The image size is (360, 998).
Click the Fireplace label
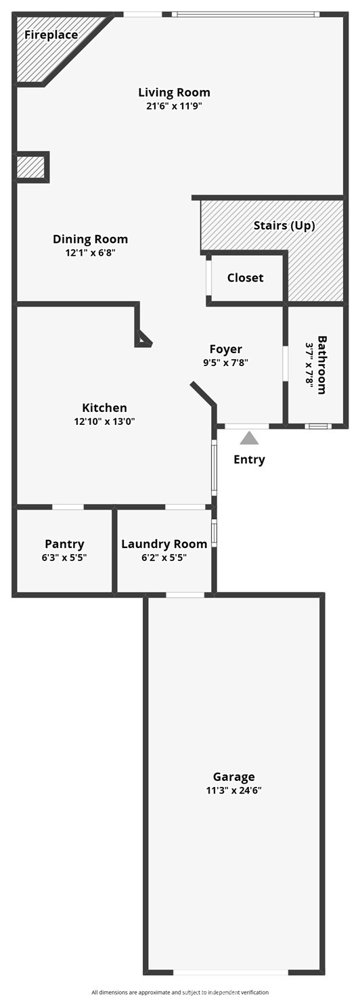pos(51,35)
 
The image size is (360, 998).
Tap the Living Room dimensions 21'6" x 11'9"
pos(174,106)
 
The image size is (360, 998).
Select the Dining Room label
pos(91,240)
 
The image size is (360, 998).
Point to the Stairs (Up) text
pos(284,225)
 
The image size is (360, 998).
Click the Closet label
pos(245,278)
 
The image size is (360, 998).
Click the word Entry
pos(249,459)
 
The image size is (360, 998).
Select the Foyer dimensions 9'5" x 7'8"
pos(225,363)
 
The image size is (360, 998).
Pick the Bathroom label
pos(321,365)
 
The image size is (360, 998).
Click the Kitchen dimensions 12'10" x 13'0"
pos(105,422)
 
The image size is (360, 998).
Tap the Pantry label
pos(64,544)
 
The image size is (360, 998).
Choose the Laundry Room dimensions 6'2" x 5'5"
pos(164,558)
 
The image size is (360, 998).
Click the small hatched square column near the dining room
pos(32,166)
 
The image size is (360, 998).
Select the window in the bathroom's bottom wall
pos(318,426)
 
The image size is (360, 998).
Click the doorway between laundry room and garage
pos(185,594)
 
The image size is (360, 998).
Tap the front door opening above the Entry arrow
pos(246,426)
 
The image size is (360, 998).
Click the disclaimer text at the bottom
pos(180,992)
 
